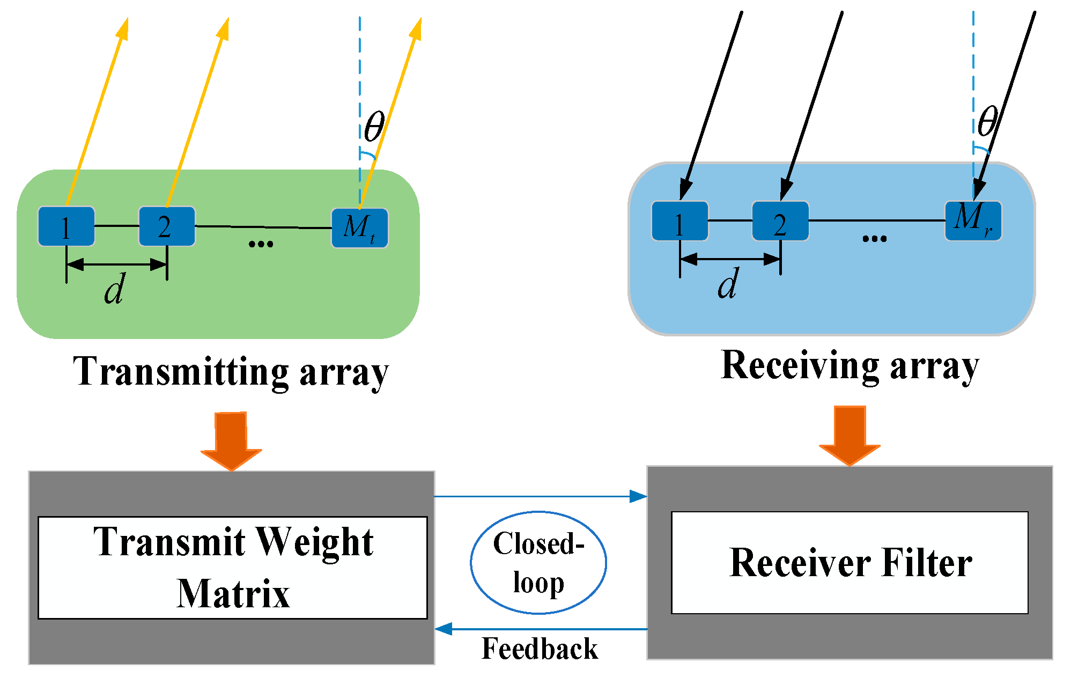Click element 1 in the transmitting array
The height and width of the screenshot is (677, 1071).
pos(66,226)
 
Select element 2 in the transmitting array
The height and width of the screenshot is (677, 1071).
pos(166,226)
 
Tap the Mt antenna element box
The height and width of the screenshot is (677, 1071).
pos(359,228)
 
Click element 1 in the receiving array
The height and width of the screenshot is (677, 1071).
pos(679,221)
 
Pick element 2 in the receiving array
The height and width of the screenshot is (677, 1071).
pos(780,221)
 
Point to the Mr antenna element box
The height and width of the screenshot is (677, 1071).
pos(973,220)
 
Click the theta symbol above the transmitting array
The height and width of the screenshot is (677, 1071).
pos(374,127)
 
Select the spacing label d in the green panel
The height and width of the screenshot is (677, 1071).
pos(114,289)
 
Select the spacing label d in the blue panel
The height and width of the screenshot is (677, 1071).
pos(728,284)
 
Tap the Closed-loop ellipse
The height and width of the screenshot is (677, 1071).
pos(538,562)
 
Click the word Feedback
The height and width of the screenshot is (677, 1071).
pos(539,649)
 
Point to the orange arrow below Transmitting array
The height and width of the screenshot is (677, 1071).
pos(231,440)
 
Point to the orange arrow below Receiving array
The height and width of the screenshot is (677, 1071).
pos(850,435)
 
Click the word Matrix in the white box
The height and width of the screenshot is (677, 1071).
pos(233,594)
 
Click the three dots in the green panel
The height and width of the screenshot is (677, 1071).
pos(261,244)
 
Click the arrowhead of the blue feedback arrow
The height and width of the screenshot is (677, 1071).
pos(443,629)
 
